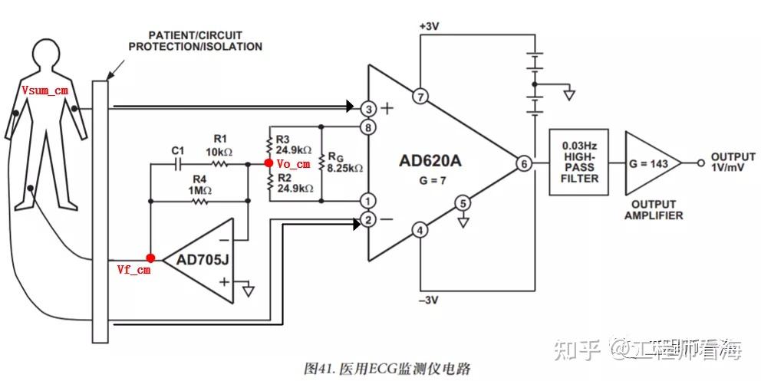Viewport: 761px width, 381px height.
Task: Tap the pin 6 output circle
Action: (524, 163)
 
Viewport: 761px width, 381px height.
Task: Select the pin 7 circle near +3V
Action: (420, 97)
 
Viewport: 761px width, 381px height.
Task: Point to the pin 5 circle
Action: (462, 203)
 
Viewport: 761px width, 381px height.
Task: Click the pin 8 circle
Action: (369, 126)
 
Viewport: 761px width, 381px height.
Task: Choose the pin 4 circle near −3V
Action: (420, 229)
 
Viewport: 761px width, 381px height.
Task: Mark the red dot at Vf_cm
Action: (150, 258)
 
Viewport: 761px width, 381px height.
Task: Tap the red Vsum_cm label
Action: (45, 90)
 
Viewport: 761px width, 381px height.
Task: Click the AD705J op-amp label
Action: (203, 259)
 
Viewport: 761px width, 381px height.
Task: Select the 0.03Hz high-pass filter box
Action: (579, 162)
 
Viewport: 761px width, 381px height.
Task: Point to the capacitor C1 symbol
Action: (179, 163)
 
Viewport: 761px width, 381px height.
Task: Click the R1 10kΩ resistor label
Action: (220, 144)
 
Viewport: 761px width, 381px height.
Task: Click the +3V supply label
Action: (429, 26)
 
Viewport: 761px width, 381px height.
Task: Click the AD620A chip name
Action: (430, 161)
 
